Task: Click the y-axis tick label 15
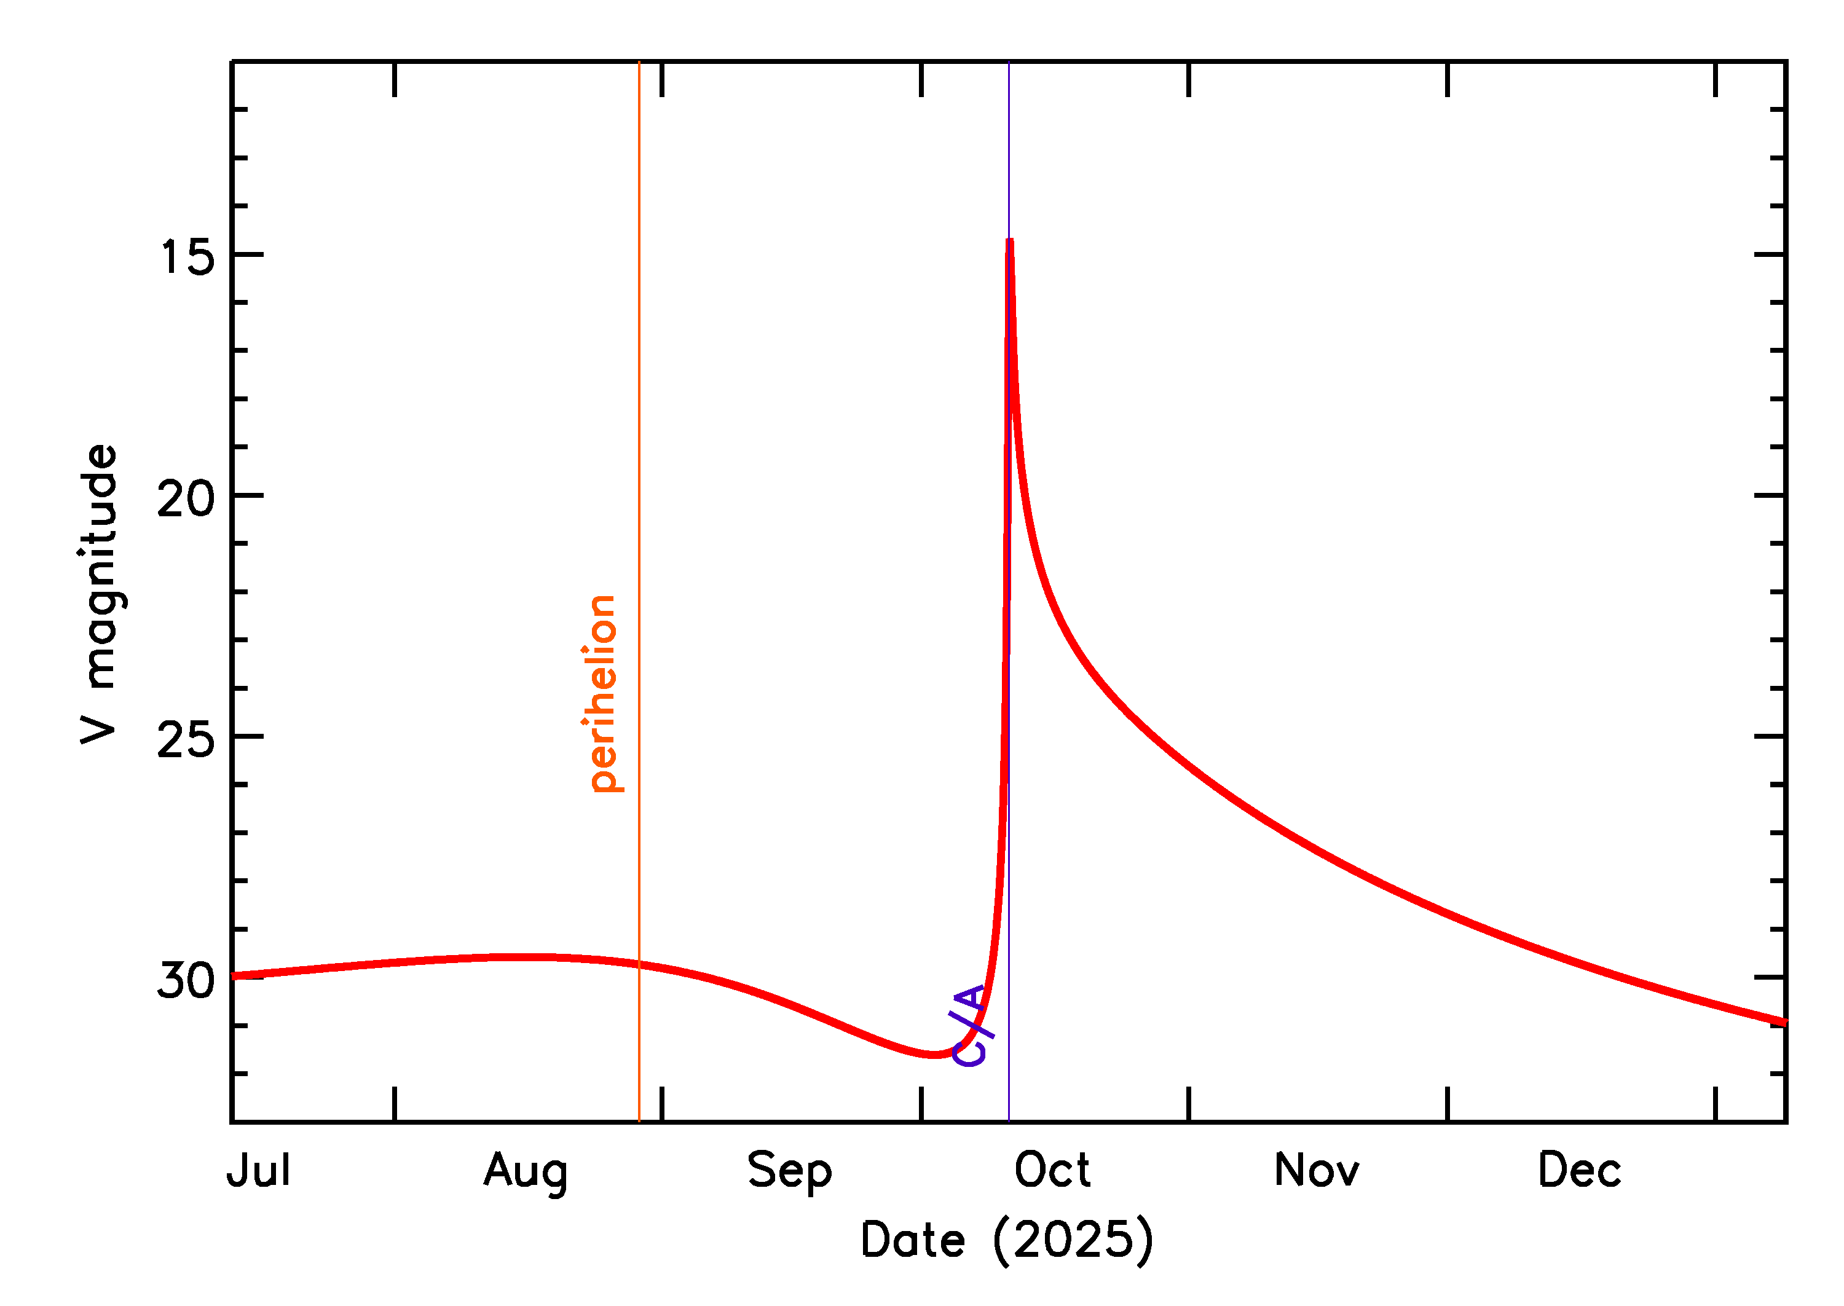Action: (187, 258)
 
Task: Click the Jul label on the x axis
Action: (258, 1171)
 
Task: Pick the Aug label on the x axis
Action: (526, 1173)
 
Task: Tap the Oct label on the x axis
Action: (1052, 1171)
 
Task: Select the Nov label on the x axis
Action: (1317, 1171)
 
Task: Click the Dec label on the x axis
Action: (1580, 1171)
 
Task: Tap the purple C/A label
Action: (971, 1025)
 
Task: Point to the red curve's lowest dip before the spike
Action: (934, 1054)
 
